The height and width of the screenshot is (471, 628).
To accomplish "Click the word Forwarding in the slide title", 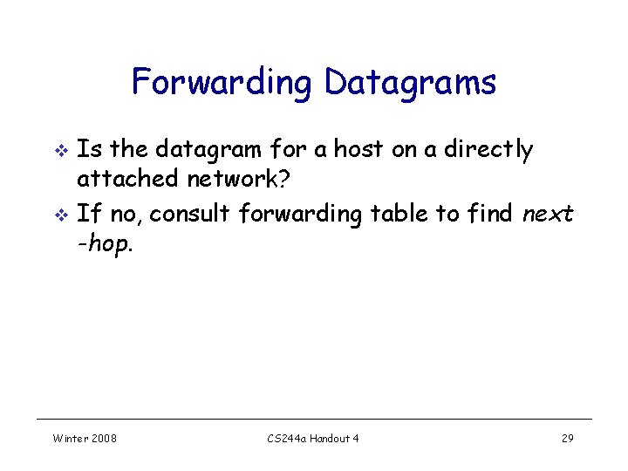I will (x=223, y=83).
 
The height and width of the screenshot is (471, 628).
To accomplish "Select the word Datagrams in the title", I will (x=410, y=83).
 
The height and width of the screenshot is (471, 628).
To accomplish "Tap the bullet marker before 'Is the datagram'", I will (x=60, y=151).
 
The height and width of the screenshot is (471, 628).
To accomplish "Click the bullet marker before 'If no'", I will (x=60, y=214).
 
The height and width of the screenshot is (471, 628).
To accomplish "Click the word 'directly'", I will (x=488, y=150).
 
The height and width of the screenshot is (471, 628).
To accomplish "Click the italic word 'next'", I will (x=548, y=213).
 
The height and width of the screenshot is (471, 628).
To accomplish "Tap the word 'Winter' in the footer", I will (x=70, y=438).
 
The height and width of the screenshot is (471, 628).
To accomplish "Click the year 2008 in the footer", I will (x=104, y=438).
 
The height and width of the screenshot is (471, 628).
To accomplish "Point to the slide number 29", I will (x=567, y=438).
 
